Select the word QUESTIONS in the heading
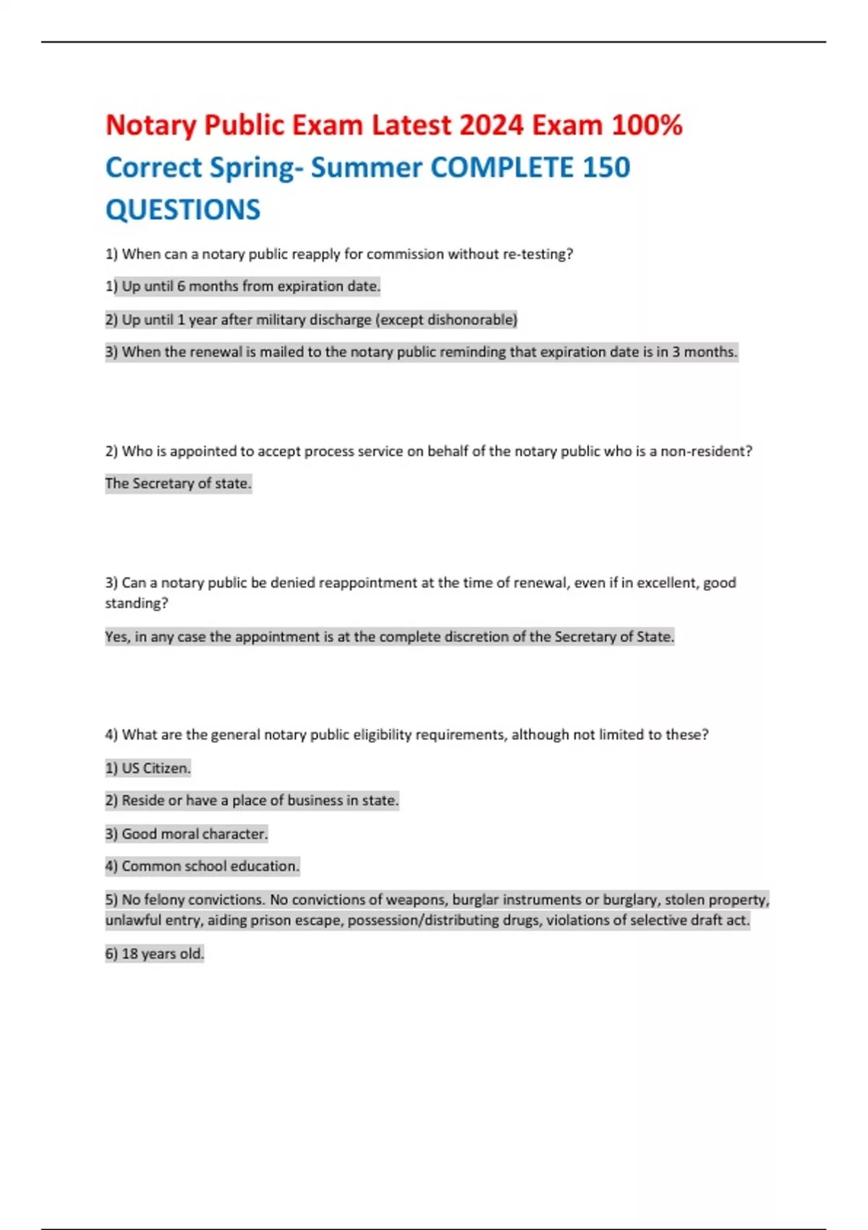[182, 210]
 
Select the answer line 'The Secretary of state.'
[178, 483]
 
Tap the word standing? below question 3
[136, 603]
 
